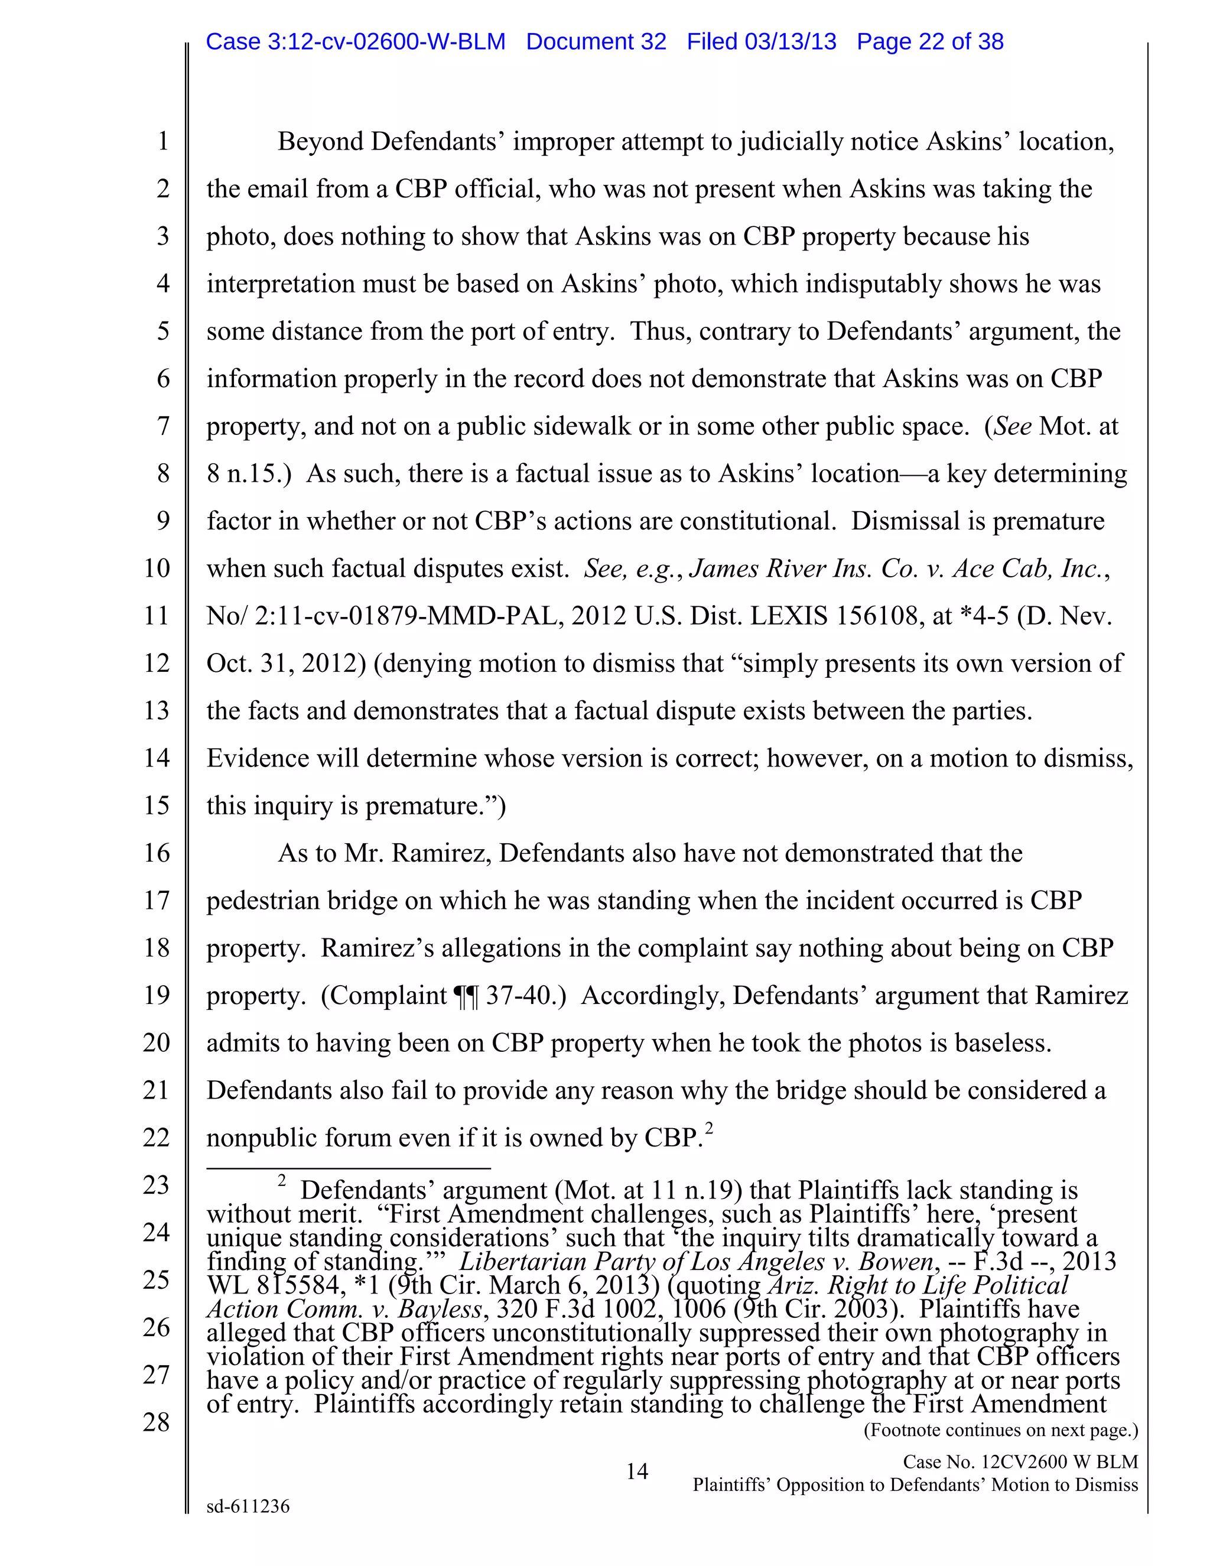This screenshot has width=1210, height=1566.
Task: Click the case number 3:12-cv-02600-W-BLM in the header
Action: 356,41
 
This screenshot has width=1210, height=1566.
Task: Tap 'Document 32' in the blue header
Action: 596,41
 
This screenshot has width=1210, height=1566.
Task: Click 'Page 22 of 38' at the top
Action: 930,41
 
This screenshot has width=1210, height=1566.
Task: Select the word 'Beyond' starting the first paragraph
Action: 320,142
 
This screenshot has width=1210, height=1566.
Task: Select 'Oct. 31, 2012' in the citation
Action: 282,663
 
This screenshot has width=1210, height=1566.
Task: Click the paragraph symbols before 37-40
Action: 465,996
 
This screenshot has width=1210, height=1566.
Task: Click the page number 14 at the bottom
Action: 636,1472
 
